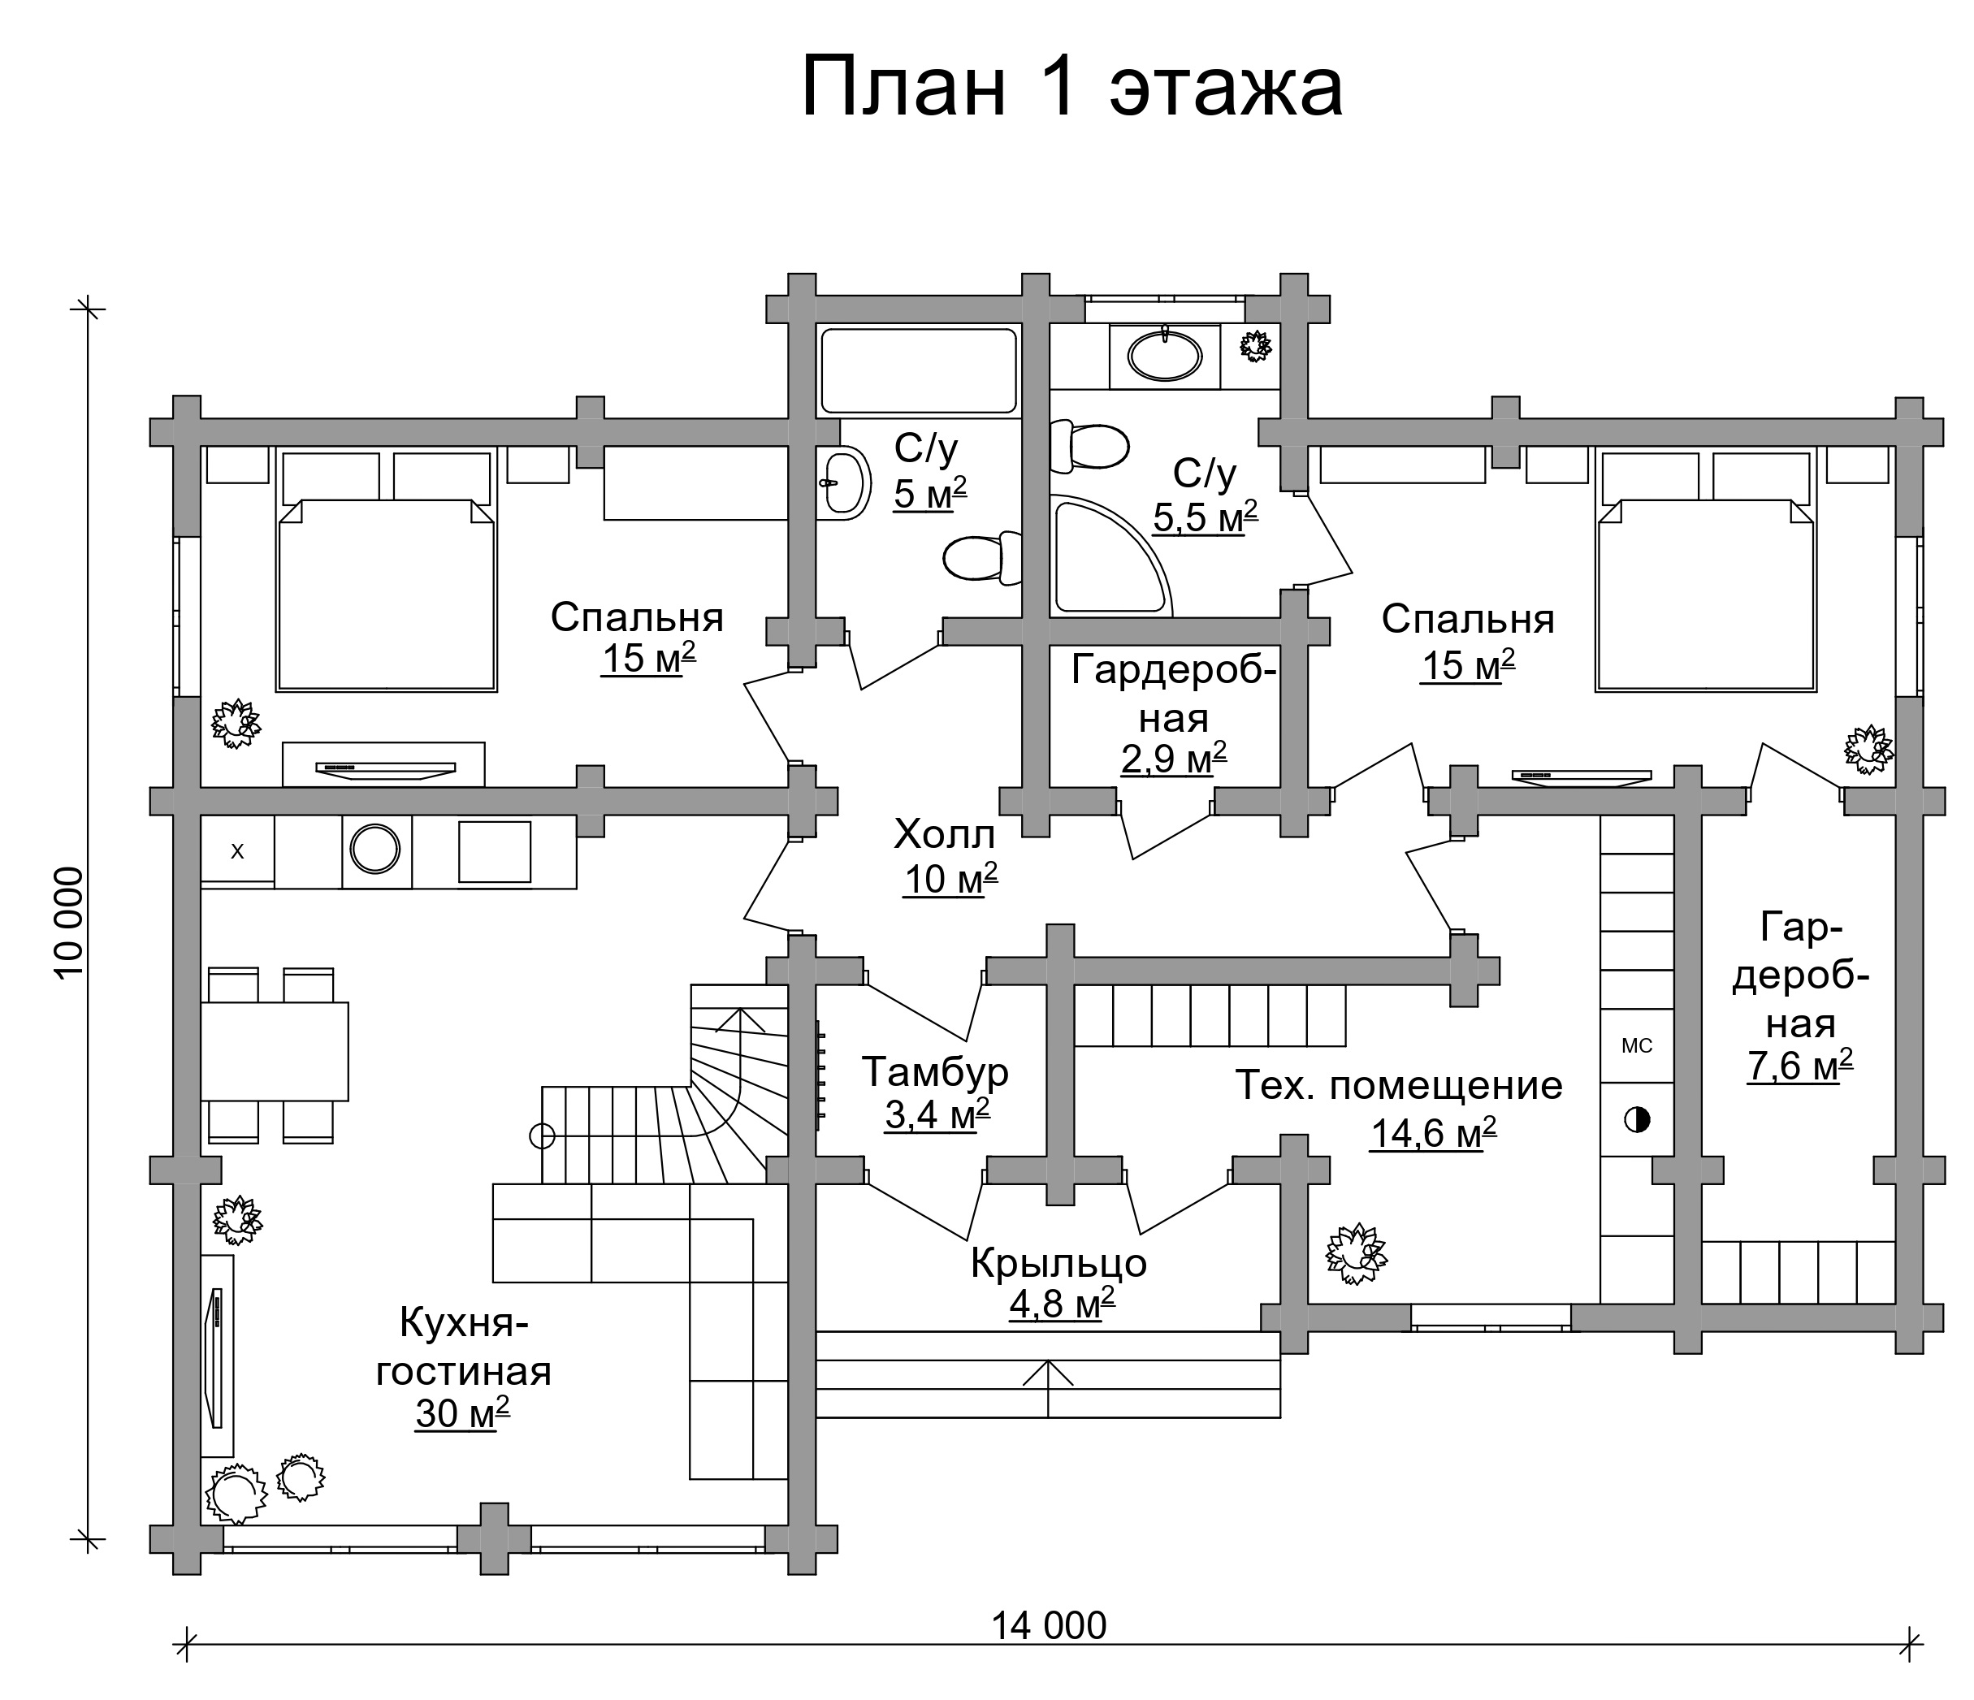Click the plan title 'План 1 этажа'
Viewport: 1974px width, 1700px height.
point(1071,88)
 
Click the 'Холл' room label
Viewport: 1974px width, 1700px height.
point(944,835)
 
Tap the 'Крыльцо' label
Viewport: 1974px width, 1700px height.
point(1058,1263)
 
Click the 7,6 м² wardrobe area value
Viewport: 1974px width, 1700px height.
point(1799,1066)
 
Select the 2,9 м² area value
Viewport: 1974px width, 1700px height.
point(1173,759)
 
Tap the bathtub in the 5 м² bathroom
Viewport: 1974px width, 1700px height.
point(919,371)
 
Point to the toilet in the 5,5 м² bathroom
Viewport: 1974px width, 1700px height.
point(1089,447)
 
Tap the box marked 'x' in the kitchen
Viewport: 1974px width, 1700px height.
point(237,851)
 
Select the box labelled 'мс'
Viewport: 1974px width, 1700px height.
point(1637,1045)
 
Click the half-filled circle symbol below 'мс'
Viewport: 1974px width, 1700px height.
point(1637,1120)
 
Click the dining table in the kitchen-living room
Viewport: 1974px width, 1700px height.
point(275,1051)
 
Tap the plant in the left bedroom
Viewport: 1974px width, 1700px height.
point(235,724)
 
